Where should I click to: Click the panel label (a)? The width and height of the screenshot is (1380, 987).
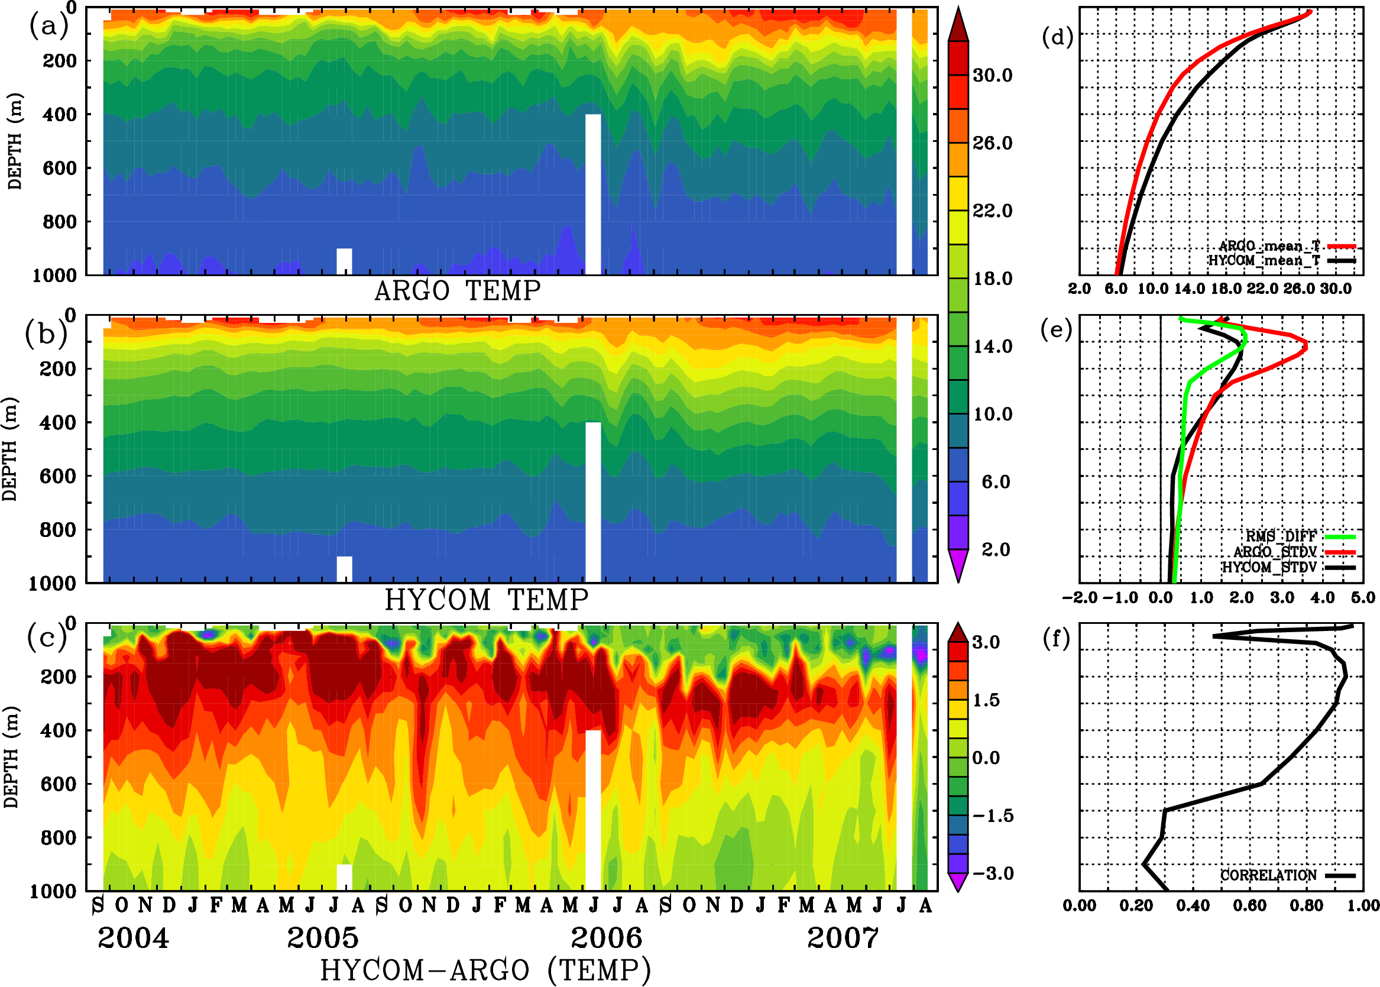pyautogui.click(x=48, y=26)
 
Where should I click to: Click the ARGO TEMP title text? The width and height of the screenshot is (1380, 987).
pyautogui.click(x=457, y=291)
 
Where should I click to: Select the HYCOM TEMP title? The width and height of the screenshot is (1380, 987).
pyautogui.click(x=486, y=600)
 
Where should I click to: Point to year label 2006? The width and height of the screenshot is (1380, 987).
pyautogui.click(x=606, y=938)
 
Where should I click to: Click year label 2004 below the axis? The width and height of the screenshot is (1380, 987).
pyautogui.click(x=133, y=938)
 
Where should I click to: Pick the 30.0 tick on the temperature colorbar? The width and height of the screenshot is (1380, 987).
pyautogui.click(x=992, y=75)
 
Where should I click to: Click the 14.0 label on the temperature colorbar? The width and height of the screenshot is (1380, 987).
pyautogui.click(x=992, y=347)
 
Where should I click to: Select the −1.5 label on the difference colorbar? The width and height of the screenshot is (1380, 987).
pyautogui.click(x=992, y=816)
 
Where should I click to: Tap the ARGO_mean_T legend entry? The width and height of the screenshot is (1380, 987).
pyautogui.click(x=1269, y=246)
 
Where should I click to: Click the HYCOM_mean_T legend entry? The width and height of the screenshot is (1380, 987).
pyautogui.click(x=1264, y=261)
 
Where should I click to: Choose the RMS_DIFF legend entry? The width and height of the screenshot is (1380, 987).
pyautogui.click(x=1281, y=536)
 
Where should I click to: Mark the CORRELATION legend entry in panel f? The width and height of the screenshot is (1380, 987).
pyautogui.click(x=1268, y=875)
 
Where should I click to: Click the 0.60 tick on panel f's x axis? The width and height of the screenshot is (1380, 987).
pyautogui.click(x=1249, y=905)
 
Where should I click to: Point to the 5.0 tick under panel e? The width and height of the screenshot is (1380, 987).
pyautogui.click(x=1363, y=597)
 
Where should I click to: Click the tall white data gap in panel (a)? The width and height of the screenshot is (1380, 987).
pyautogui.click(x=592, y=195)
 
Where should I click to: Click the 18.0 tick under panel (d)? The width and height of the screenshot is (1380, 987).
pyautogui.click(x=1226, y=289)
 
